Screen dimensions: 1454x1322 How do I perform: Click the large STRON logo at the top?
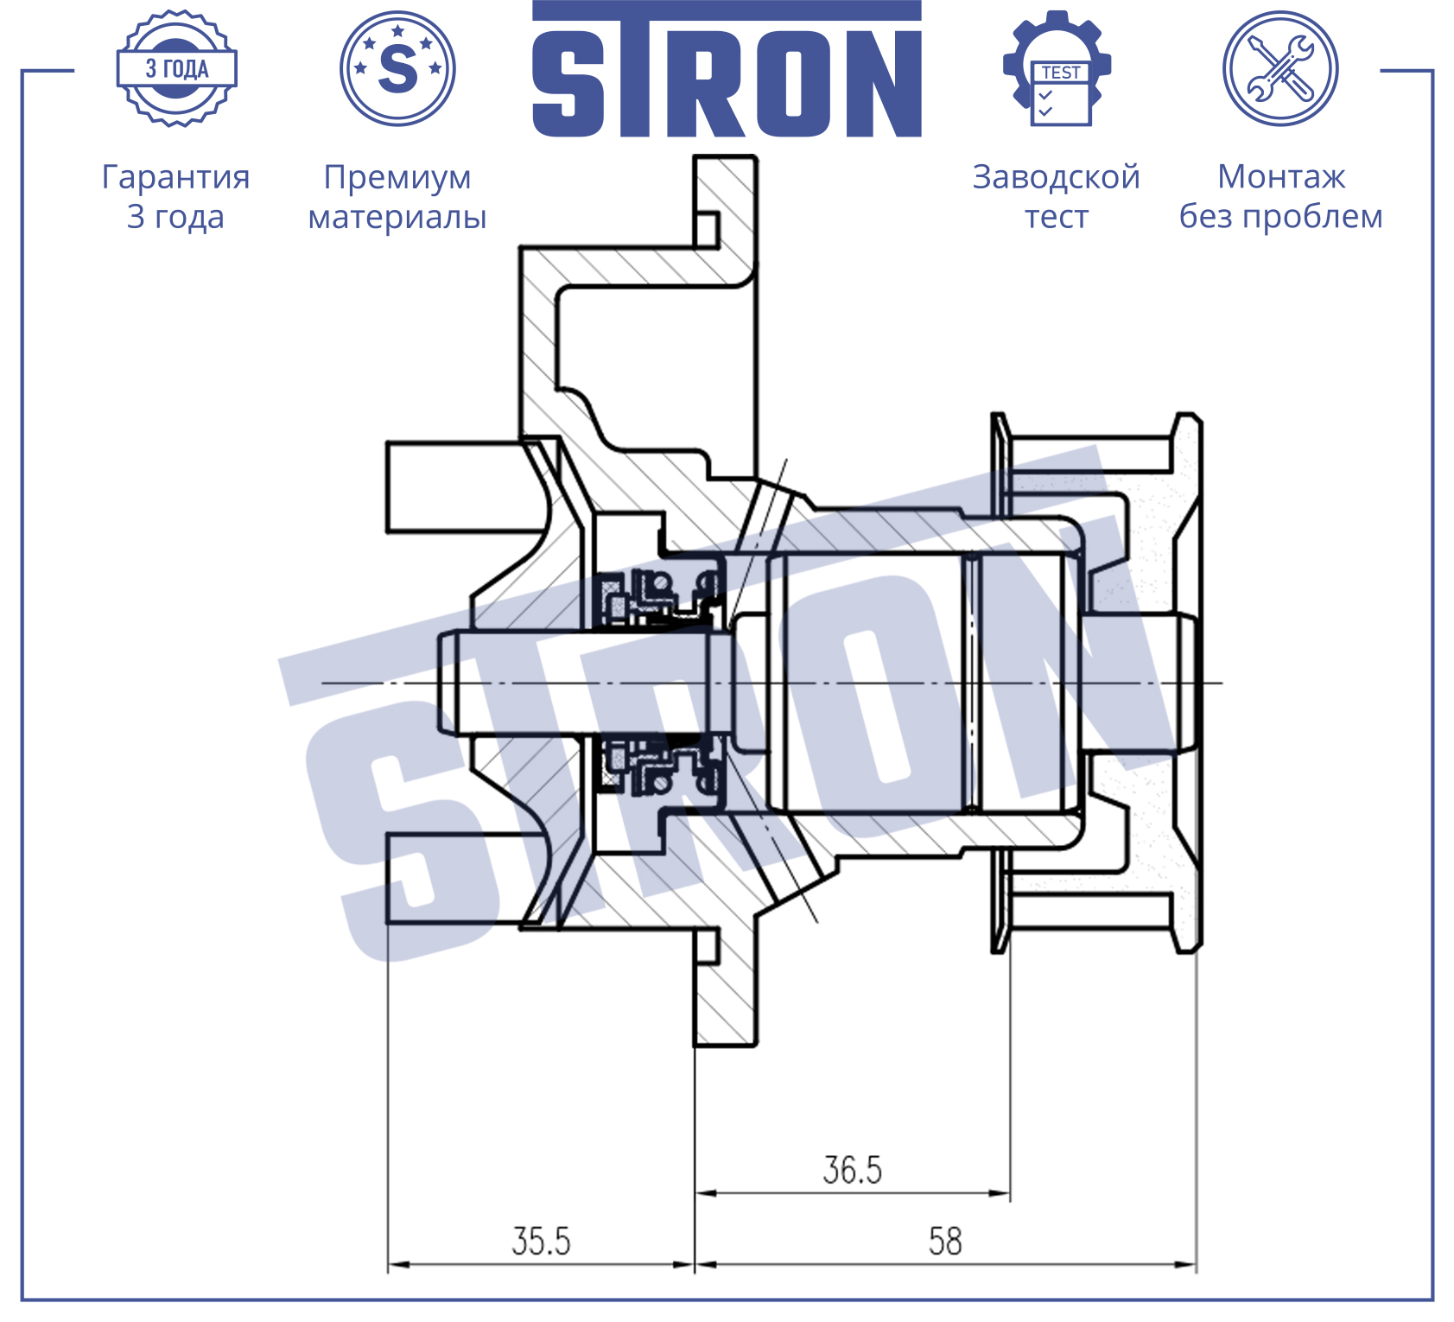coord(727,69)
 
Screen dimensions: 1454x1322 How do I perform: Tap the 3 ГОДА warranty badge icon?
coord(177,68)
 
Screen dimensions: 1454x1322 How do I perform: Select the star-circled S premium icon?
coord(397,68)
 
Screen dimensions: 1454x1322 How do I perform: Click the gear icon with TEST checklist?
coord(1057,68)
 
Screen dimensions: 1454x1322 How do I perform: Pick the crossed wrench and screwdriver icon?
coord(1280,68)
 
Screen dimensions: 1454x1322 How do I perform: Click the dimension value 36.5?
coord(852,1171)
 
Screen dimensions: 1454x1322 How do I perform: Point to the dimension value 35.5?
coord(541,1242)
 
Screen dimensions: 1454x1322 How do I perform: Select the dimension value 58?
coord(945,1242)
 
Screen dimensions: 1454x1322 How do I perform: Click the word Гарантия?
coord(175,178)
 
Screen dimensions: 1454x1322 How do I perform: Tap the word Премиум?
coord(397,178)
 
